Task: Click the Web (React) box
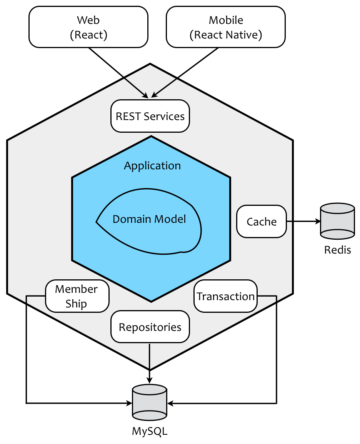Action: [88, 27]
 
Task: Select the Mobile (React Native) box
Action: [226, 27]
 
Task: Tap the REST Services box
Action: [150, 116]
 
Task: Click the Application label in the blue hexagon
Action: [152, 166]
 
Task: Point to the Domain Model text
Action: [149, 219]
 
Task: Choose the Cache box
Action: [262, 222]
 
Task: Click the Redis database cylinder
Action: [337, 221]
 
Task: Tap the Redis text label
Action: [337, 250]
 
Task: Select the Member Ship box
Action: [77, 296]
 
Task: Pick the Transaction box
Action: [225, 296]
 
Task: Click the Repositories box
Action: [150, 327]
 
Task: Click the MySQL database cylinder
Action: [149, 403]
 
